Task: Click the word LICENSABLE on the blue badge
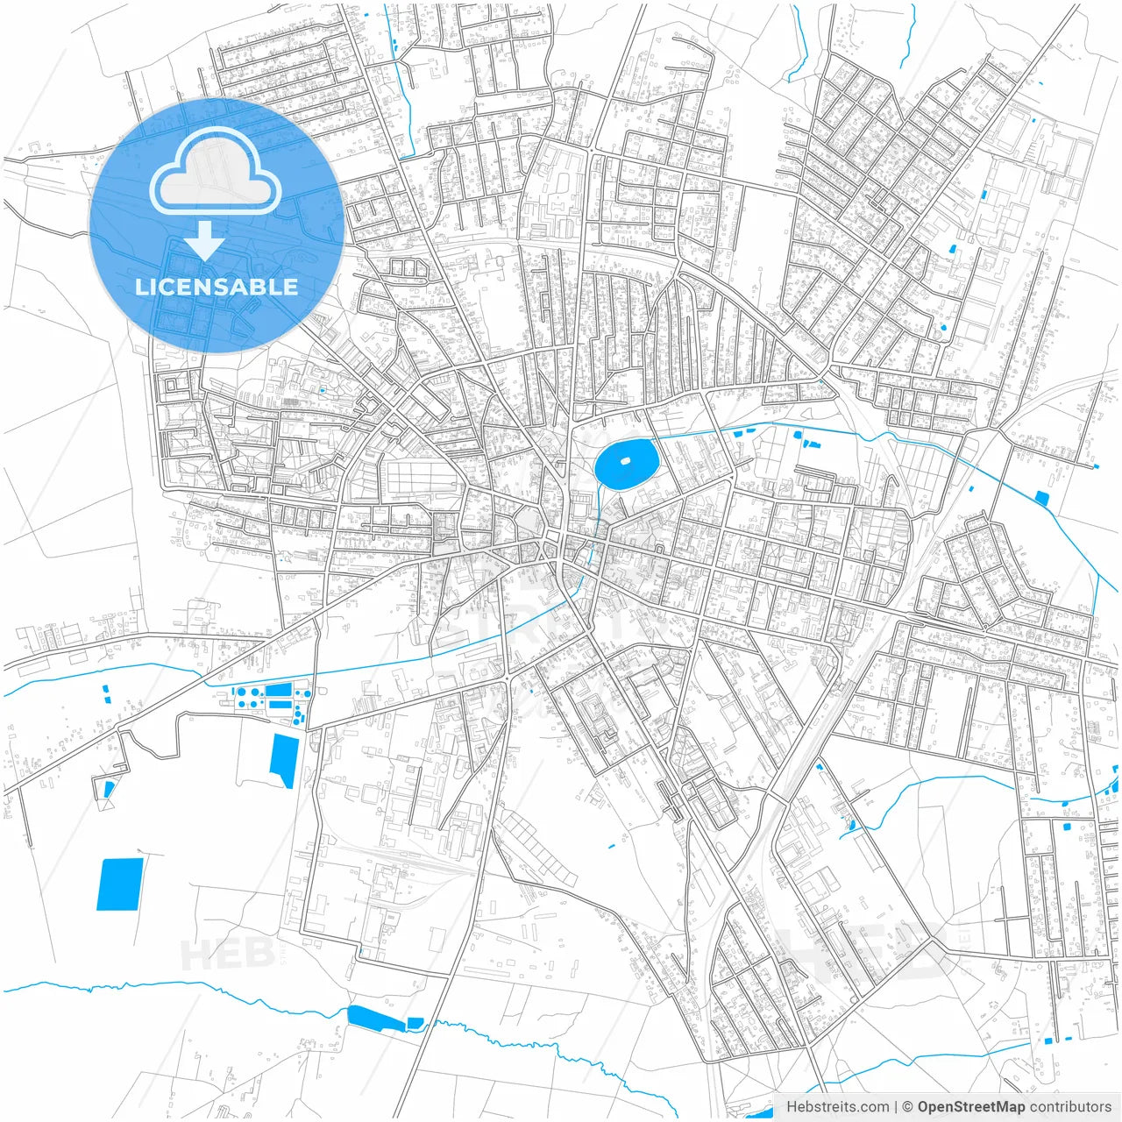click(x=216, y=287)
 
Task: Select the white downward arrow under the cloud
click(x=205, y=240)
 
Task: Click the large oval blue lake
click(x=626, y=463)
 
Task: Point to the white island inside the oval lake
click(x=625, y=459)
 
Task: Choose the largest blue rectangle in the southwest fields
click(x=119, y=884)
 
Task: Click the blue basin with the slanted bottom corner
click(x=284, y=760)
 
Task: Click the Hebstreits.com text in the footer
click(x=838, y=1107)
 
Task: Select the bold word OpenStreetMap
click(x=970, y=1107)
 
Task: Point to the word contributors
click(x=1070, y=1107)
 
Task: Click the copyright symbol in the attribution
click(x=908, y=1107)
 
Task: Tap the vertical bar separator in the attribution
click(x=896, y=1107)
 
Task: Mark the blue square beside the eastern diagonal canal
click(x=1041, y=498)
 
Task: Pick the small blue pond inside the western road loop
click(x=109, y=789)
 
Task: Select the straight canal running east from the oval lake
click(x=789, y=427)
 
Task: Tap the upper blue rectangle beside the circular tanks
click(x=278, y=690)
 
